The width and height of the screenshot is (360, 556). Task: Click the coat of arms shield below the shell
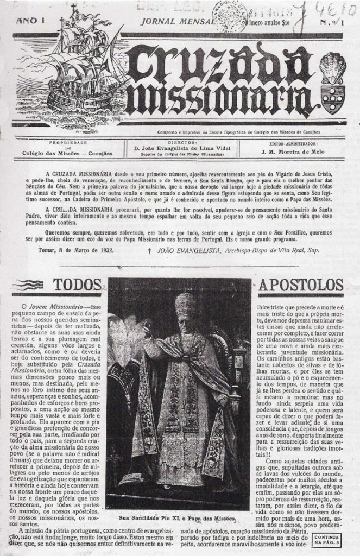[x=332, y=97]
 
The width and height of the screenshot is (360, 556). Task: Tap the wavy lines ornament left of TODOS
[x=30, y=285]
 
